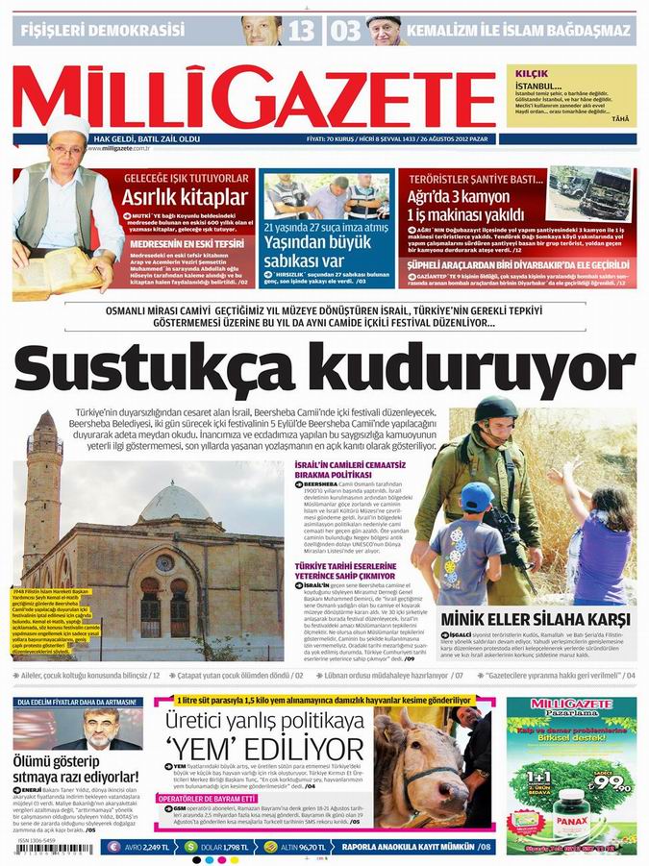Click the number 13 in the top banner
(x=300, y=31)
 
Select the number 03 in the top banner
(x=346, y=31)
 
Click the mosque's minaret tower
(x=43, y=481)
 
